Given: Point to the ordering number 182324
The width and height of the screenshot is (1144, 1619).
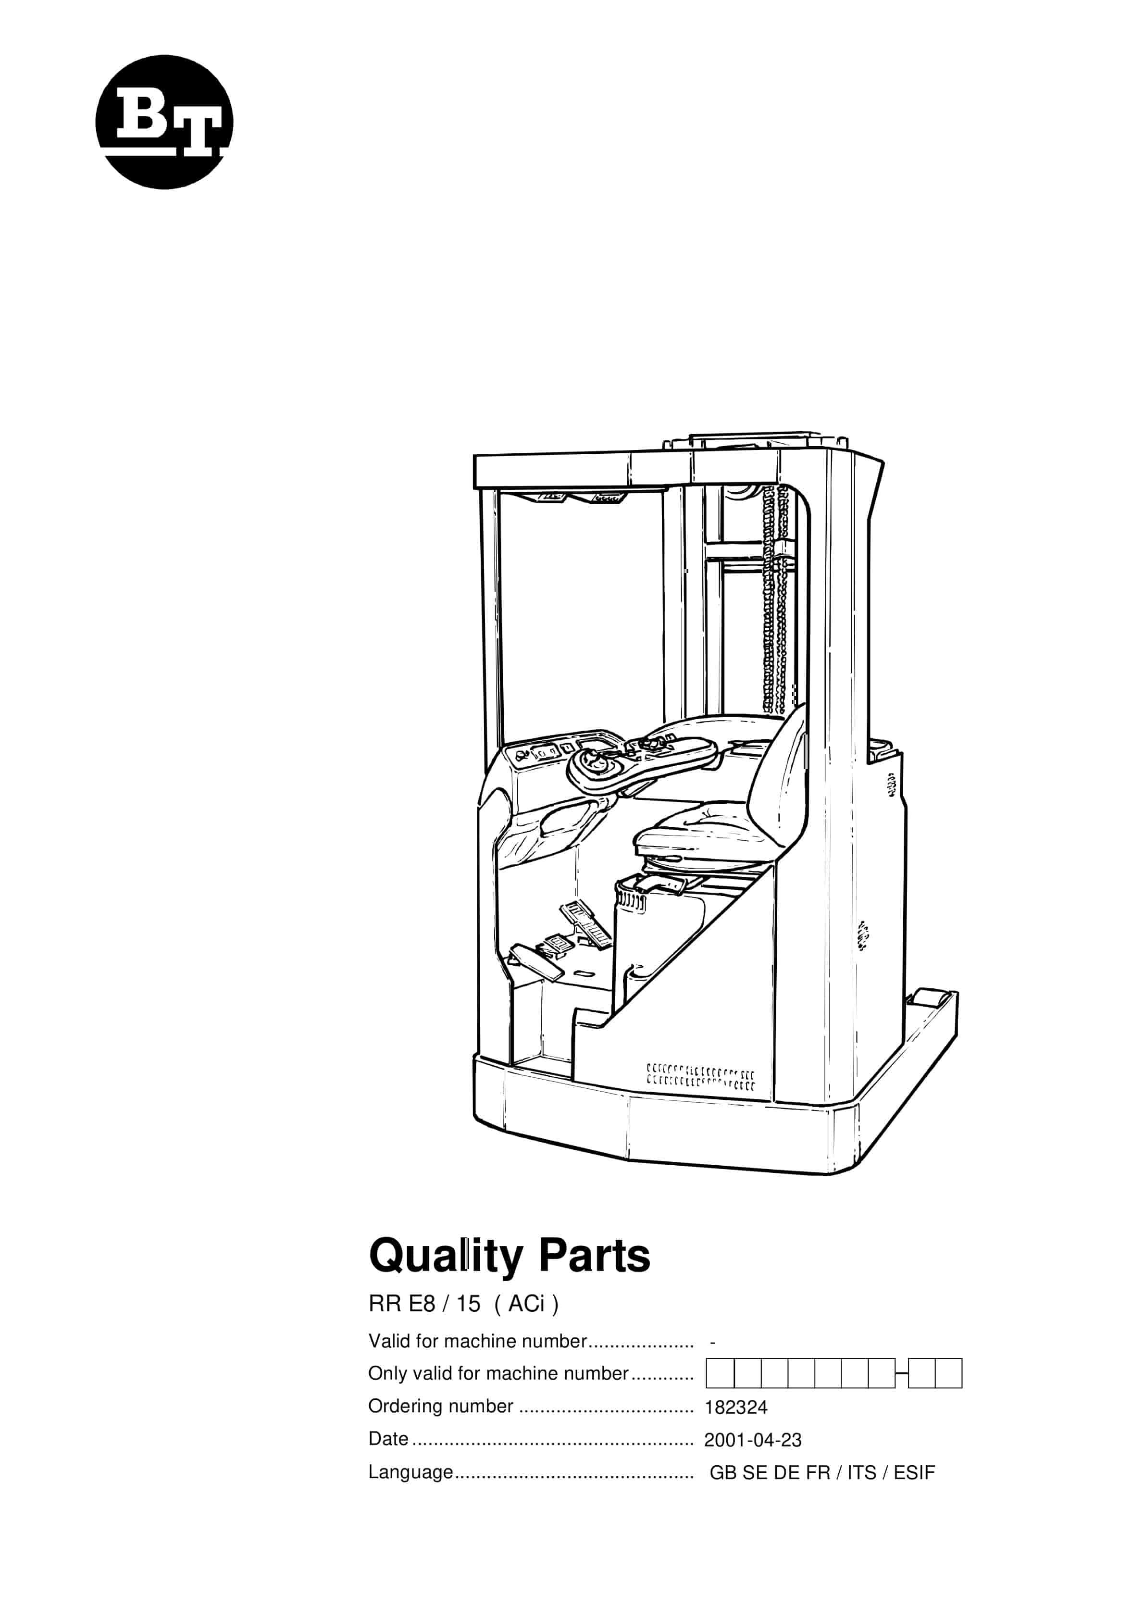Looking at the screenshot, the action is pos(735,1407).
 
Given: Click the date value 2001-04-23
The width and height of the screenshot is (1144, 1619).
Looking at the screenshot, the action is pos(753,1440).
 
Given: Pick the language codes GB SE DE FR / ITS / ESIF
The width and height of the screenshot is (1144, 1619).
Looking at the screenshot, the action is pos(821,1472).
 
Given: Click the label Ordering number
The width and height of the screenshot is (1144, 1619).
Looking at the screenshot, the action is pos(441,1406).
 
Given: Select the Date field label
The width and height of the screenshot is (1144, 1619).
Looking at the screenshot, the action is pos(388,1438).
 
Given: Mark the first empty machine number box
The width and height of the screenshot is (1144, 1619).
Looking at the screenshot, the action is pos(720,1373).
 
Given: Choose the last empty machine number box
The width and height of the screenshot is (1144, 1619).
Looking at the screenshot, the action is pos(949,1373).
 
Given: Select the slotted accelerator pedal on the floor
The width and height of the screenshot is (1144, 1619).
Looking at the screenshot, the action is pos(586,924).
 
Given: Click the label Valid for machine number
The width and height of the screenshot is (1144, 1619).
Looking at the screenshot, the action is pos(477,1341).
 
